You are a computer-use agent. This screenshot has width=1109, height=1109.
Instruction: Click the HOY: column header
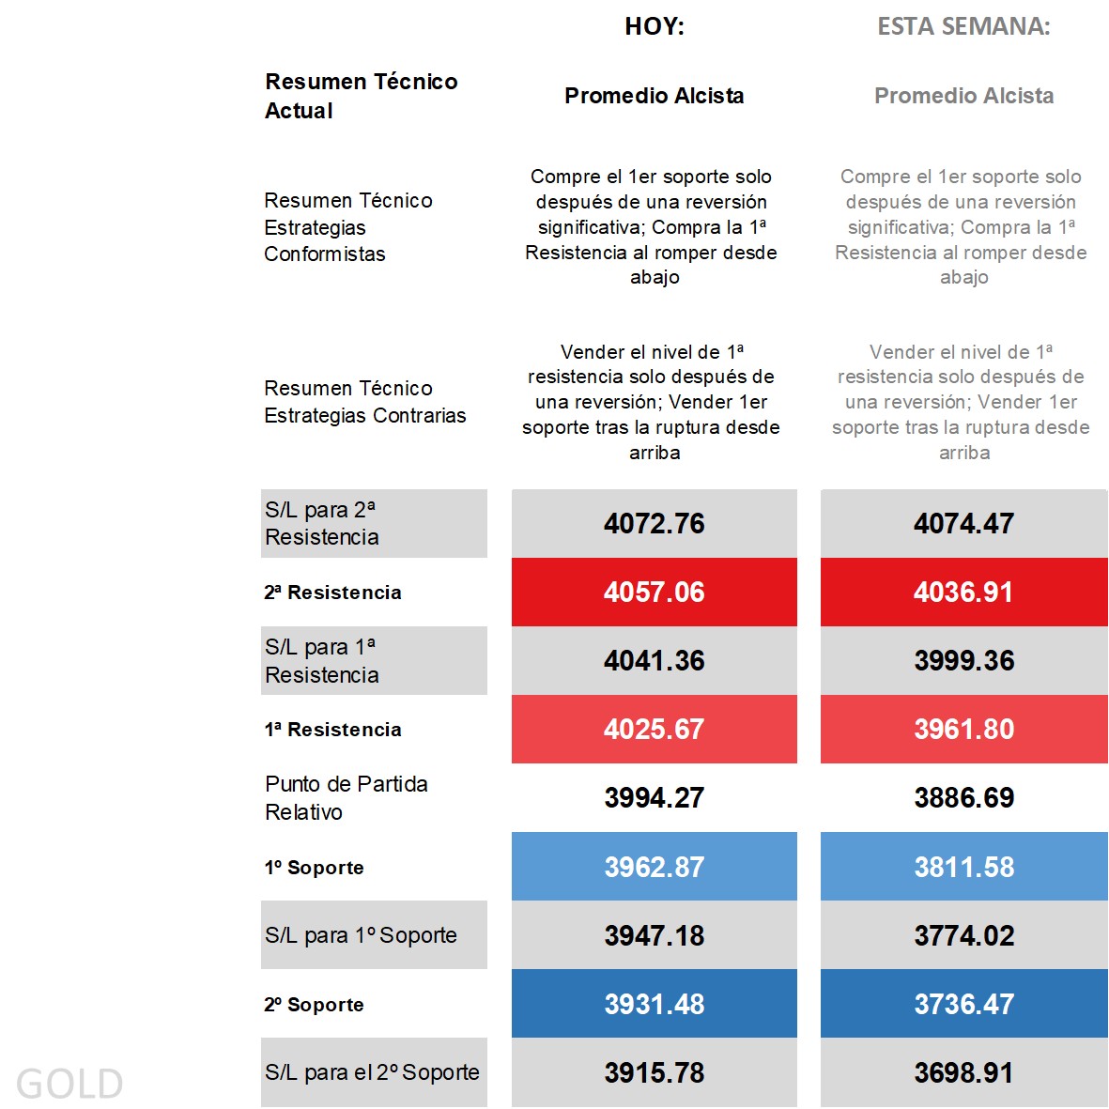(x=655, y=26)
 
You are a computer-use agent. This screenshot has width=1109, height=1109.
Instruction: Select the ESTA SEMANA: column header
(x=963, y=26)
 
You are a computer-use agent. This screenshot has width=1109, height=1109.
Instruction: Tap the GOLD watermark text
(x=69, y=1084)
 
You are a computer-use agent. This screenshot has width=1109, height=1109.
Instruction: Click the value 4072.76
(x=655, y=523)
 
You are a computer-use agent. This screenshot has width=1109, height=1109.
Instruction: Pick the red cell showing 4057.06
(x=655, y=592)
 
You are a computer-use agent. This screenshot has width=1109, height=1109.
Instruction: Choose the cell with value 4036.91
(x=963, y=592)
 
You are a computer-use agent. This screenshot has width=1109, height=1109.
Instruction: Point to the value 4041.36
(x=655, y=660)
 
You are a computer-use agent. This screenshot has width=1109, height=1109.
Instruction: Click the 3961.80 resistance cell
(x=963, y=729)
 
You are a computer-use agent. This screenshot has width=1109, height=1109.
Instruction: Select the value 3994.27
(x=655, y=797)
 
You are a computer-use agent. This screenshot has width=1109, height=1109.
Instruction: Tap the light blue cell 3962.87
(x=655, y=867)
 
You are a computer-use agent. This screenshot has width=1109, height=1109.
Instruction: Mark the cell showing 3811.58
(x=963, y=867)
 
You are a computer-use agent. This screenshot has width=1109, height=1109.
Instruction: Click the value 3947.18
(x=655, y=935)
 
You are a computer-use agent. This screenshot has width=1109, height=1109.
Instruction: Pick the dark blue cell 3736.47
(x=963, y=1004)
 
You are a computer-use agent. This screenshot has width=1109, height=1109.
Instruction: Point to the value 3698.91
(x=963, y=1072)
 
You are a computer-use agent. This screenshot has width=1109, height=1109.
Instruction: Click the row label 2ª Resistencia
(x=332, y=593)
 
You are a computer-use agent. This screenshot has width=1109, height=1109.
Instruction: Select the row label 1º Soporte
(x=314, y=868)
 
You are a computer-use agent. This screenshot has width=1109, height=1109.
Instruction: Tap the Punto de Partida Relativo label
(x=346, y=797)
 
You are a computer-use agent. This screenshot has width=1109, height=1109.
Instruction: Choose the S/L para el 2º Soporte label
(x=372, y=1072)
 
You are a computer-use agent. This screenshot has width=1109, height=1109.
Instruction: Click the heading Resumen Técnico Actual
(x=361, y=96)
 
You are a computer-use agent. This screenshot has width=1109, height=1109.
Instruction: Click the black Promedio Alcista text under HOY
(x=655, y=96)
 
